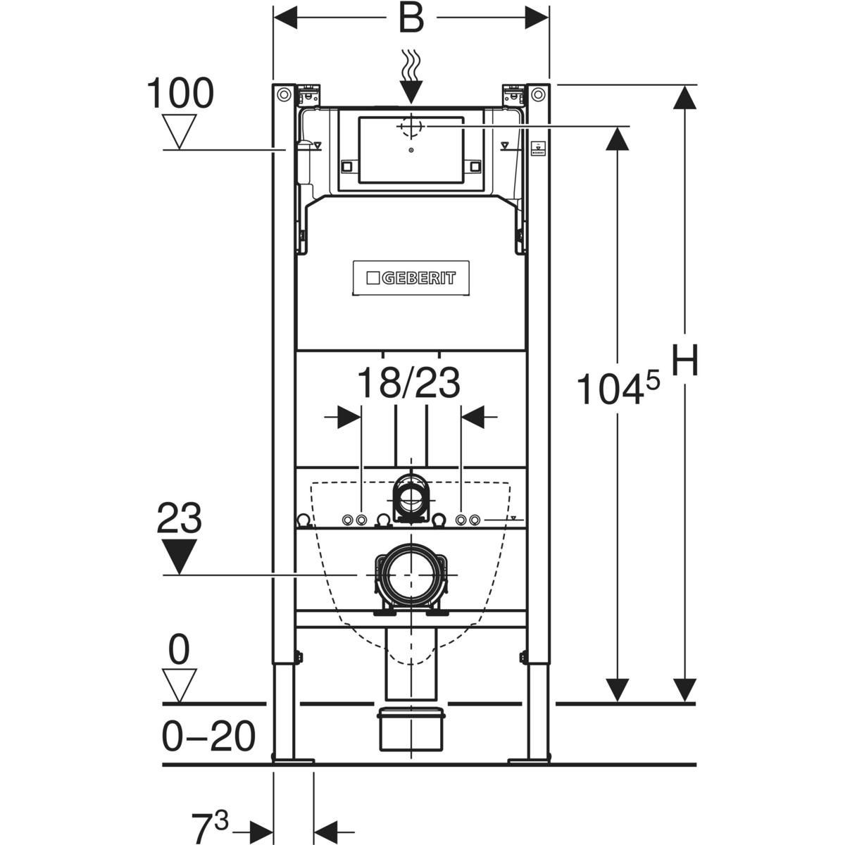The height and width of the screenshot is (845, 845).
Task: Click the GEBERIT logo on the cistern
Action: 411,278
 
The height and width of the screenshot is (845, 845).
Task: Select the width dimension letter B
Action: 411,19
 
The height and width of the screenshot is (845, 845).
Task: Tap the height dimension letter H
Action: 684,363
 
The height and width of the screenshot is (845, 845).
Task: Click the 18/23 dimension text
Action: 408,384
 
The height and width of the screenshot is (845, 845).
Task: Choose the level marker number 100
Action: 180,94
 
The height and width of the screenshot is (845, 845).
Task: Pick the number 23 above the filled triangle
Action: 179,519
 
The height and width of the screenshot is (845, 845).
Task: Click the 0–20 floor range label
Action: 208,737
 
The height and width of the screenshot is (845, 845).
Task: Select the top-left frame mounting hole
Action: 284,94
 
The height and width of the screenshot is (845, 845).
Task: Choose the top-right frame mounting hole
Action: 538,94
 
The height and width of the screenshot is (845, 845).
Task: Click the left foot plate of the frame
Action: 292,760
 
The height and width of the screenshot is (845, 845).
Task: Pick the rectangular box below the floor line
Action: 411,730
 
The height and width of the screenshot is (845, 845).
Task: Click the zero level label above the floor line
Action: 179,651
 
